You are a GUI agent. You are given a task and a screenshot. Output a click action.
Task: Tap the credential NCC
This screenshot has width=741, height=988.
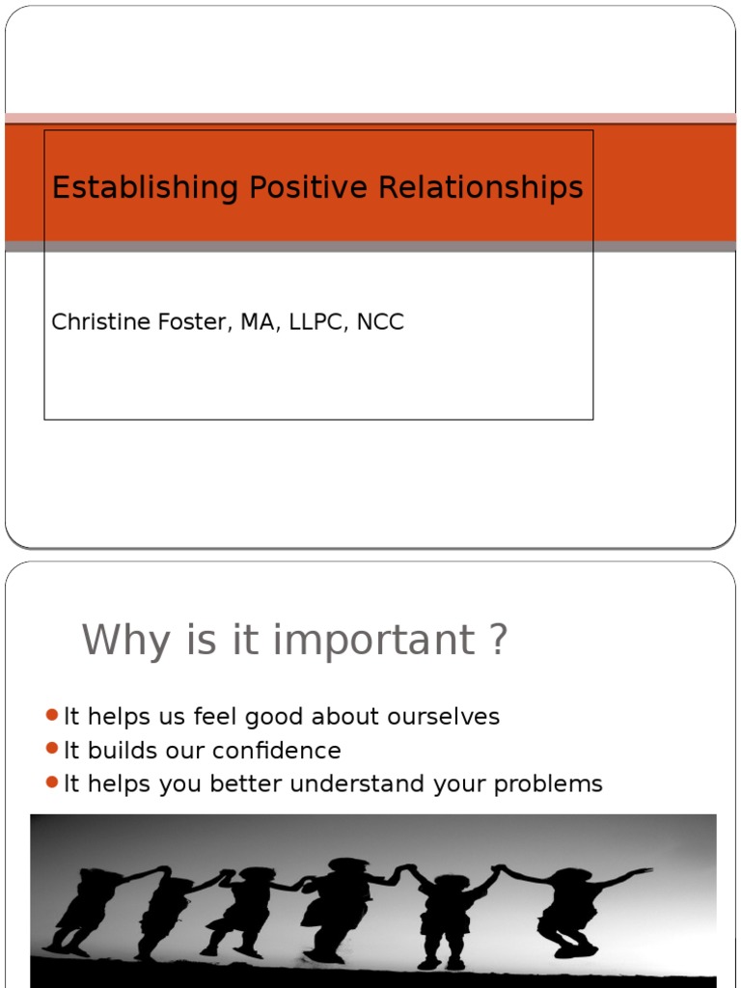380,322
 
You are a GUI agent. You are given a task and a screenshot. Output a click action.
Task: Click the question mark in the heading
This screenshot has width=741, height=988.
498,640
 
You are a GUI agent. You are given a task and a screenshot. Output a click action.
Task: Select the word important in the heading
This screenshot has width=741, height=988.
374,642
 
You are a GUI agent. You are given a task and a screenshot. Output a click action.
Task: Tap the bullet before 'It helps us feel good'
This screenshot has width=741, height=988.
52,716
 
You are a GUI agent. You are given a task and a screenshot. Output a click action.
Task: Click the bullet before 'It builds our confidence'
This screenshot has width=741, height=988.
52,750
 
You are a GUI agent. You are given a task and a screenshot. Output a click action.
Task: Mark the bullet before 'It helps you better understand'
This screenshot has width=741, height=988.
52,782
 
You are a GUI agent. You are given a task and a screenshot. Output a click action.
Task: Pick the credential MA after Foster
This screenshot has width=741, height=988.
256,322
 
